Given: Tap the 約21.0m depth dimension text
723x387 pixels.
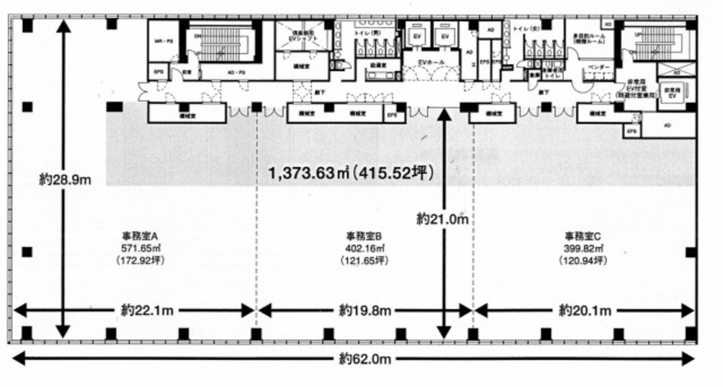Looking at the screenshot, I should (x=443, y=219).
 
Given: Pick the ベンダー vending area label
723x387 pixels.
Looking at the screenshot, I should (x=596, y=67).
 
